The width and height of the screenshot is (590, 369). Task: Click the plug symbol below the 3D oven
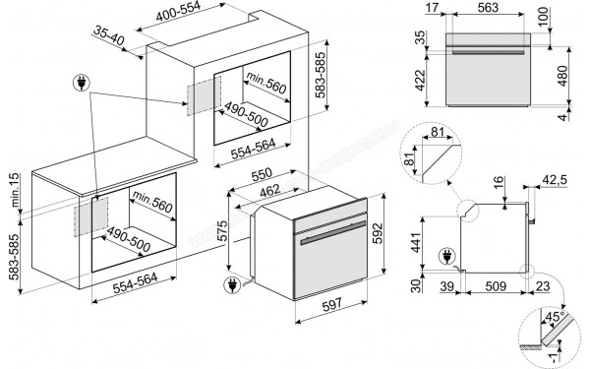233,286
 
